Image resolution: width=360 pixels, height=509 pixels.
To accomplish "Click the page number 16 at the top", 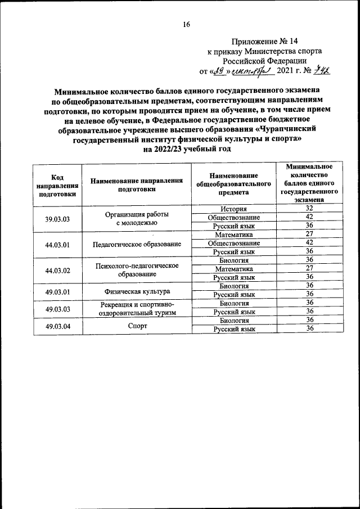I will [x=187, y=24].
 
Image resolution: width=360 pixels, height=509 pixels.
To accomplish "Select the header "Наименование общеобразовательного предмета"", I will [x=233, y=183].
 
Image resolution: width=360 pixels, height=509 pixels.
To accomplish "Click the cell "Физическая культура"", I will [x=137, y=291].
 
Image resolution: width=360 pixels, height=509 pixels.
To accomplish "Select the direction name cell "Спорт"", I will [x=137, y=325].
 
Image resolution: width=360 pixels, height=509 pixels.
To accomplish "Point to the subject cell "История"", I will [x=233, y=209].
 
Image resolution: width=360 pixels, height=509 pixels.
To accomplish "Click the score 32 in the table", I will [x=309, y=209].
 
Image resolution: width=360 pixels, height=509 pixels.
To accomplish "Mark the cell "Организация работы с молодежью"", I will [x=137, y=218].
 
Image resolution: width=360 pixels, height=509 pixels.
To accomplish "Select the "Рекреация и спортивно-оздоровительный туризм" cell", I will [x=137, y=308].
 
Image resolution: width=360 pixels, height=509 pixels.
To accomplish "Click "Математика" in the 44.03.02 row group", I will [x=233, y=269].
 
